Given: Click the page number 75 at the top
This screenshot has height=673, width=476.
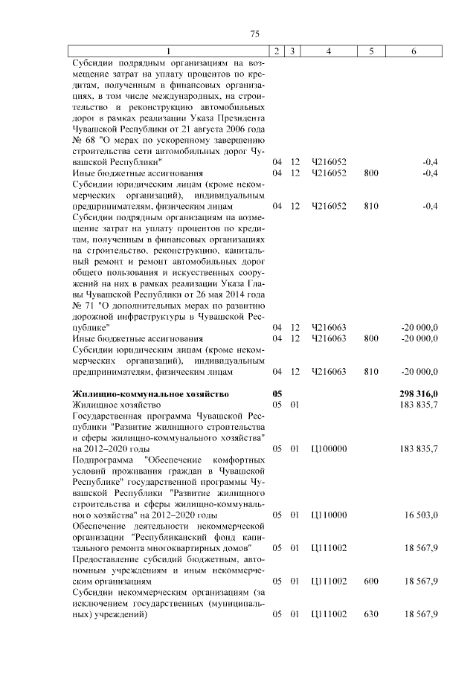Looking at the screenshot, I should pyautogui.click(x=254, y=35).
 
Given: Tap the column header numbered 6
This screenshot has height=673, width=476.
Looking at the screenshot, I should pyautogui.click(x=414, y=51).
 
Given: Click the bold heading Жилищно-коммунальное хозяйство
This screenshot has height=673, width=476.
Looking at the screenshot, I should pyautogui.click(x=150, y=393).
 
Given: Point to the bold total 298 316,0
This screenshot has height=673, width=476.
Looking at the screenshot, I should pyautogui.click(x=419, y=393).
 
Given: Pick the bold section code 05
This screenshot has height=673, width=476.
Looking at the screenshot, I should pyautogui.click(x=277, y=393).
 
